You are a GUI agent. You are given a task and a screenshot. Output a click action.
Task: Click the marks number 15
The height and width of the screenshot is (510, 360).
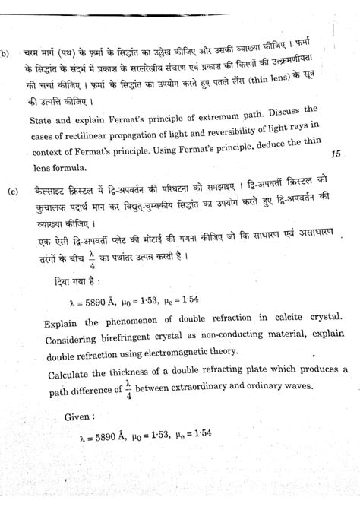tap(336, 154)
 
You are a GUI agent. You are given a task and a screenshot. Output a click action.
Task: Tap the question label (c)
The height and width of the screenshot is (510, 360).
tap(13, 190)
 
